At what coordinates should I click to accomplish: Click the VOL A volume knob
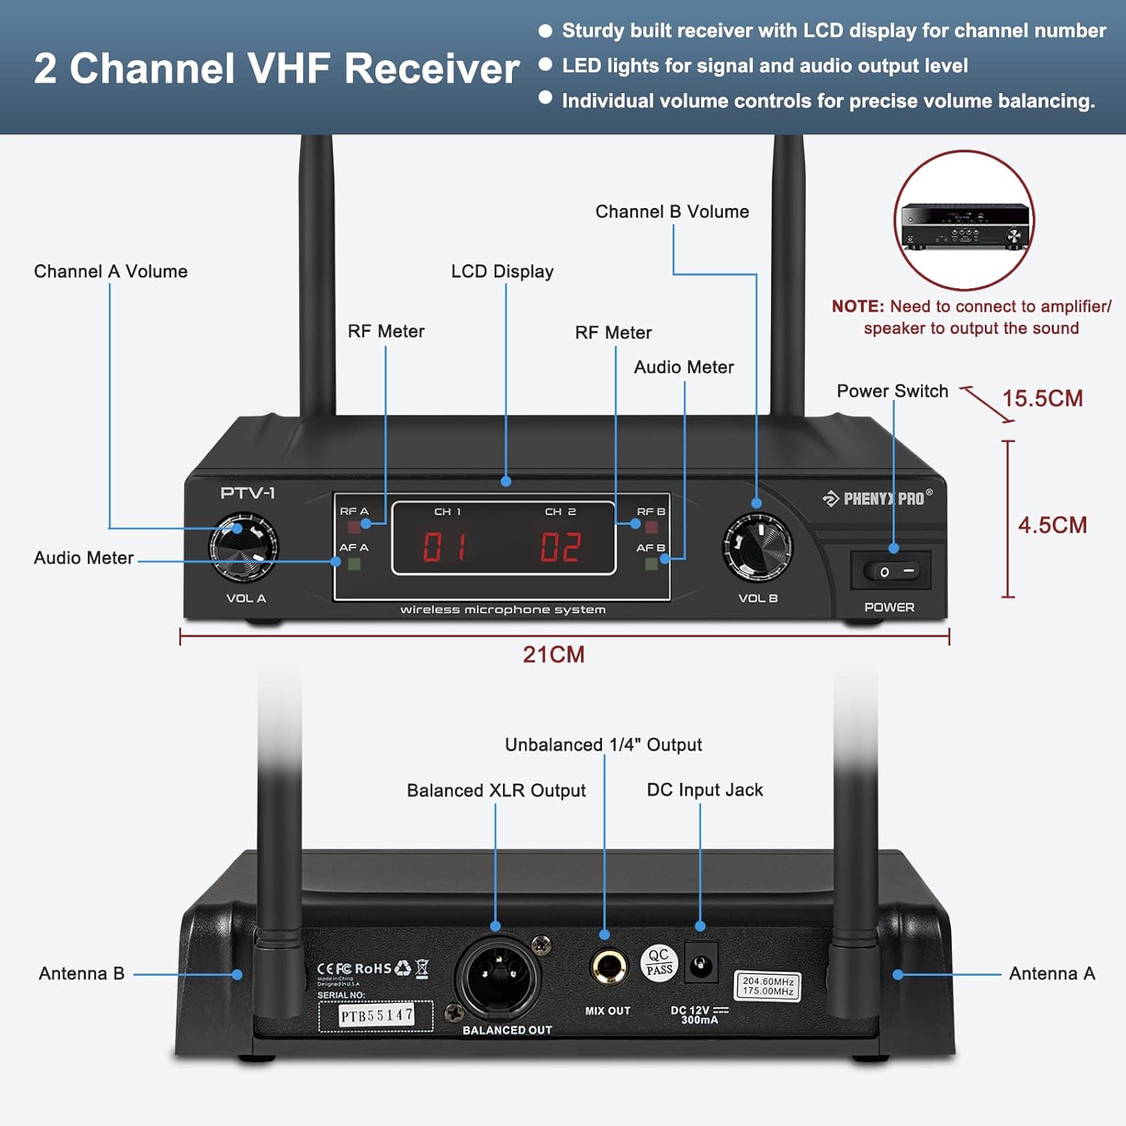(243, 547)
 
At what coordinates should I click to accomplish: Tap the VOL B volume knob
(757, 546)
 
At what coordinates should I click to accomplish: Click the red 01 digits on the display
(444, 546)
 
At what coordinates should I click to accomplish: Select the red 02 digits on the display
(561, 546)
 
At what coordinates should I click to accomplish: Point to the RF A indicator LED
(354, 527)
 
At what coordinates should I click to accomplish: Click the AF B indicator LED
(651, 563)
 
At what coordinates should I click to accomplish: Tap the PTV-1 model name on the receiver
(248, 493)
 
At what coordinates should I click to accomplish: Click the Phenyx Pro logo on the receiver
(877, 498)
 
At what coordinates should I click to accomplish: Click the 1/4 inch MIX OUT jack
(608, 967)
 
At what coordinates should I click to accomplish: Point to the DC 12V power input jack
(701, 965)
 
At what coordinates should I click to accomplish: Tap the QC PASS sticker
(659, 962)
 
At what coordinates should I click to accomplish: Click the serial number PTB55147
(376, 1016)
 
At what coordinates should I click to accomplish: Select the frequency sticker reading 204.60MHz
(767, 986)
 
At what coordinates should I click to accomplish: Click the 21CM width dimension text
(553, 655)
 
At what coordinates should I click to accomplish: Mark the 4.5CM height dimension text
(1052, 525)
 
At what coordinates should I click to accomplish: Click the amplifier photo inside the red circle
(965, 225)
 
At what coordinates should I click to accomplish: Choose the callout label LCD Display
(502, 272)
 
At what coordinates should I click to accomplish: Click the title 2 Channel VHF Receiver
(276, 68)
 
